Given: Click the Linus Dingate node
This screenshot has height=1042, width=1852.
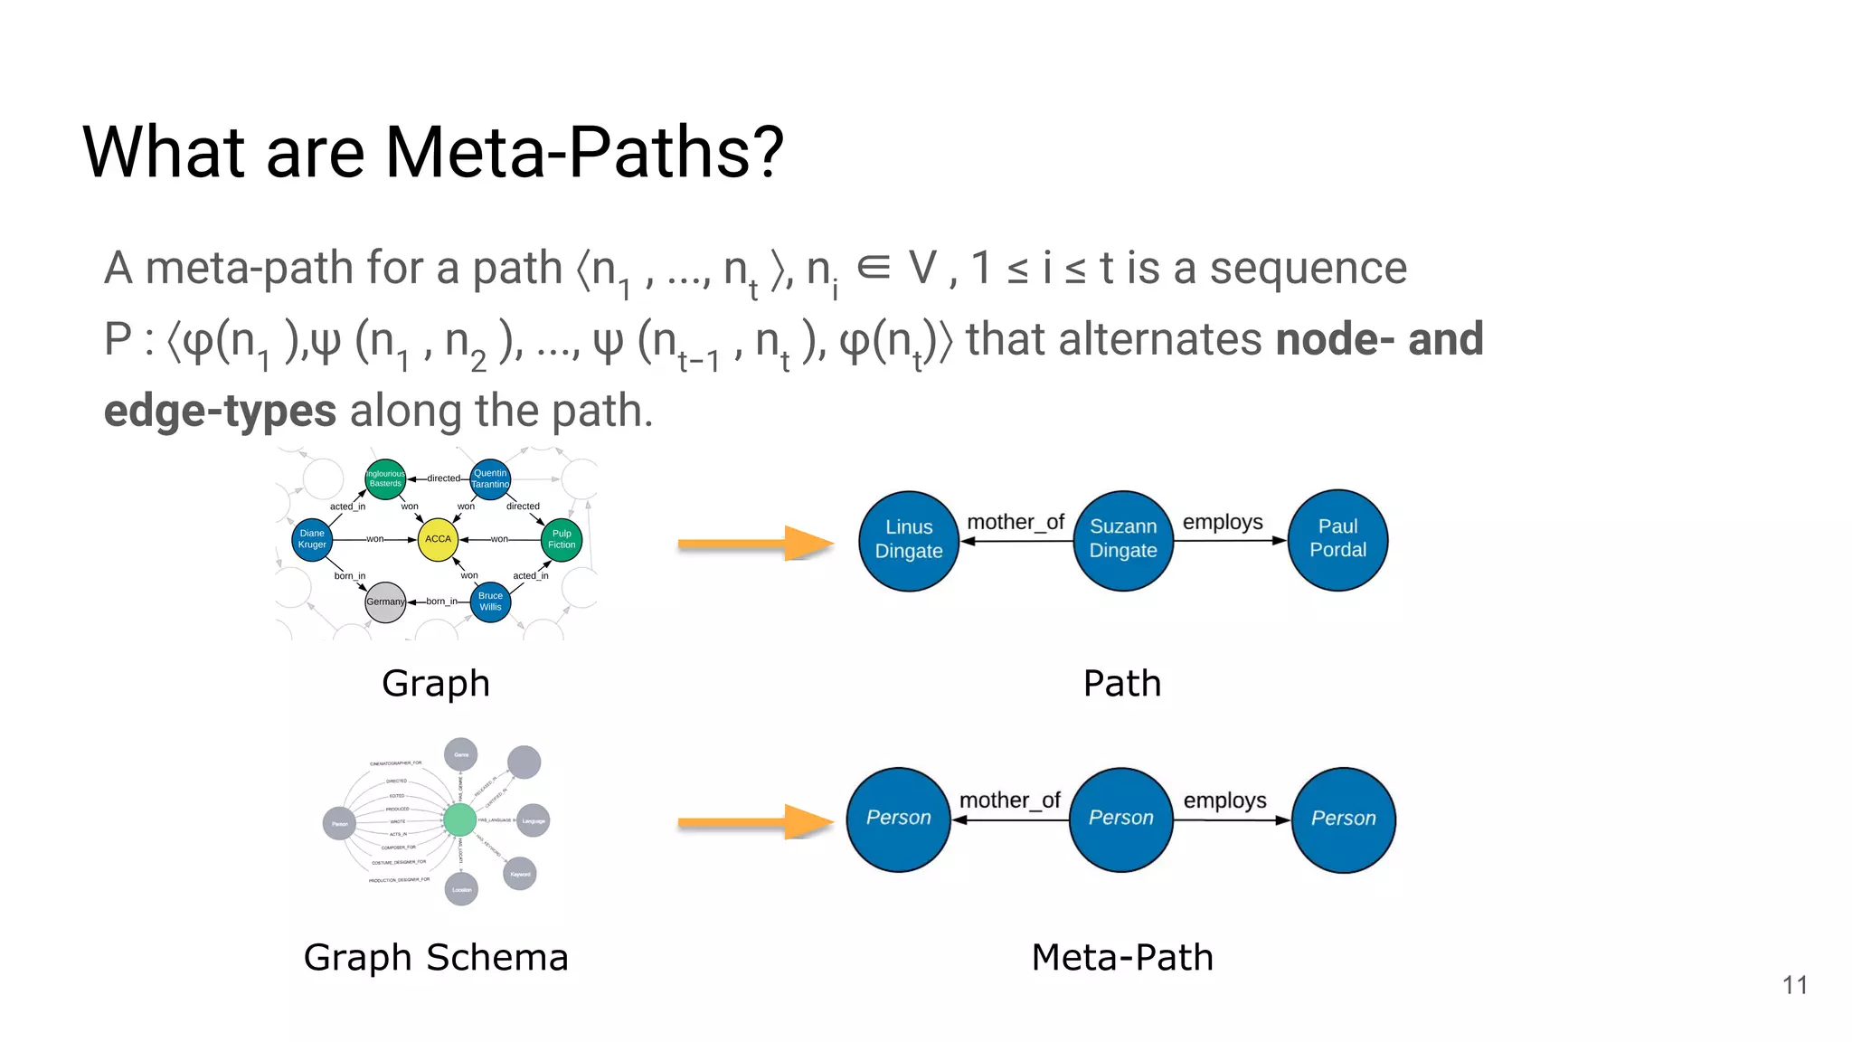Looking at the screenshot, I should (909, 540).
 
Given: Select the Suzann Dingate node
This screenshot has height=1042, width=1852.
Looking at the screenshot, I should (1123, 540).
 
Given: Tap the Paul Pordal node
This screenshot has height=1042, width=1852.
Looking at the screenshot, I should (1337, 540).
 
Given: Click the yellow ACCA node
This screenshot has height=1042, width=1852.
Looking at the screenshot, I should (438, 539).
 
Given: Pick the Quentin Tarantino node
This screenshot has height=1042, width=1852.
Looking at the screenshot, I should (490, 478).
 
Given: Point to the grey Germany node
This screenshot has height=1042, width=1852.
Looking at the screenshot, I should (385, 602).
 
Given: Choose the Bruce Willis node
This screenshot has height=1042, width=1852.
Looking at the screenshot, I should (490, 602).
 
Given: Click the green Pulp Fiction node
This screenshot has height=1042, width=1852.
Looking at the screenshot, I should (562, 539).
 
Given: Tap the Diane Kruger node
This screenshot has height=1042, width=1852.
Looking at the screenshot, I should (312, 539).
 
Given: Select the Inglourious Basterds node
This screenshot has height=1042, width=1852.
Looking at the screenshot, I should (385, 478).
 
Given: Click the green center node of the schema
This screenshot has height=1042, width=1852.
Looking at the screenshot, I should (459, 819).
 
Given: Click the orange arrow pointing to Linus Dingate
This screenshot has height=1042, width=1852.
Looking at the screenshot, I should (755, 544).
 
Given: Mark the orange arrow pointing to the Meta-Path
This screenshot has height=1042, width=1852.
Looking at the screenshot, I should (755, 822).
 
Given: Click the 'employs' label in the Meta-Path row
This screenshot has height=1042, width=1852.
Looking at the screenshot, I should (1224, 800).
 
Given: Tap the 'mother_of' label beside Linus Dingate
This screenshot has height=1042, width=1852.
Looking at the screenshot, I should (1015, 522).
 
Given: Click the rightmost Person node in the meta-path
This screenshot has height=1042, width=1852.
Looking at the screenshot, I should (1343, 819).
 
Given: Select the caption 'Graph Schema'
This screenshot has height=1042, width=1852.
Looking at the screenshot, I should (436, 957).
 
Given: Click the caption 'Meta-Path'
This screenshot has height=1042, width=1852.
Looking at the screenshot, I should (1122, 957).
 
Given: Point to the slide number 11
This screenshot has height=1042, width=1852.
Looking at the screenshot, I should (1794, 985).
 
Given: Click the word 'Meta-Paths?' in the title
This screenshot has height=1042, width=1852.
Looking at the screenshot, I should (584, 152).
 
